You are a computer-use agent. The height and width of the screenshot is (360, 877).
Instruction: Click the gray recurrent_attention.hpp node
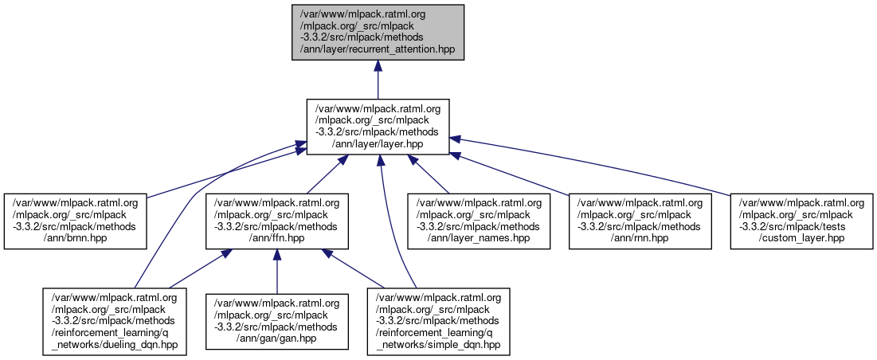coord(378,30)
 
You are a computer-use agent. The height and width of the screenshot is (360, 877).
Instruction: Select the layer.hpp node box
coord(378,127)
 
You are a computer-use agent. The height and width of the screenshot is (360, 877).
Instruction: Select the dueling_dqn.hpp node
coord(115,322)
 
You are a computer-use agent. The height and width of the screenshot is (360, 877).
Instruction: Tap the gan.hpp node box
coord(276,322)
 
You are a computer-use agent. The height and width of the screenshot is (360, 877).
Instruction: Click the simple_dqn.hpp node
coord(438,322)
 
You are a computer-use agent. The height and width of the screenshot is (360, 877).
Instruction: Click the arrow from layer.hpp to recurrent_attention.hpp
coord(378,80)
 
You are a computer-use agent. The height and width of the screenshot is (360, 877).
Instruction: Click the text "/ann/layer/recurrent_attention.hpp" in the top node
coord(377,49)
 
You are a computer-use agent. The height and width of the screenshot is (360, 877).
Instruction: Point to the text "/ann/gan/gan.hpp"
coord(276,339)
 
